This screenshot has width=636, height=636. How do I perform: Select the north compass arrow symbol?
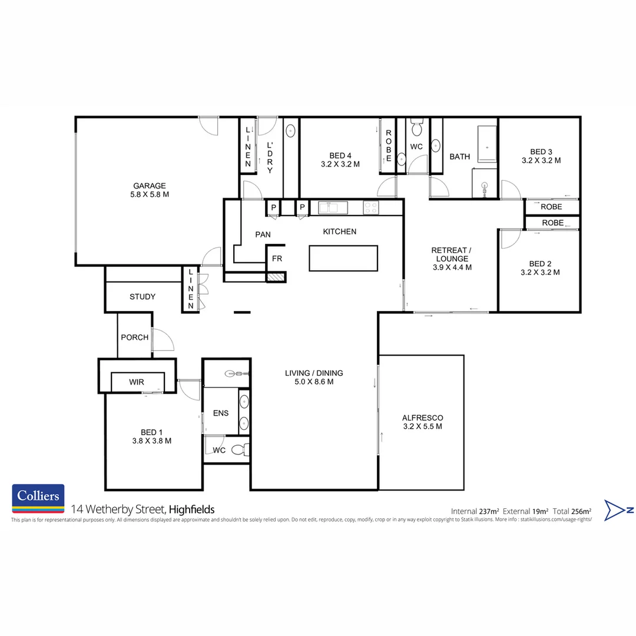[x=619, y=510]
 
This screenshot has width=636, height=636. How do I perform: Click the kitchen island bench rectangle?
[x=343, y=258]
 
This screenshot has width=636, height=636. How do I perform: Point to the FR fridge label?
[x=276, y=259]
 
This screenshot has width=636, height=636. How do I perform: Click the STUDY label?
[x=143, y=297]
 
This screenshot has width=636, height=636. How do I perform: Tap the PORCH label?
[x=134, y=337]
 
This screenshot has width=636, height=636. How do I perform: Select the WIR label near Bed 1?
[x=137, y=382]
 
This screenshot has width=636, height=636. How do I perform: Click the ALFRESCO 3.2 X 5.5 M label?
[x=422, y=422]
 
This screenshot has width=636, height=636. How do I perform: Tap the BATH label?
[x=460, y=157]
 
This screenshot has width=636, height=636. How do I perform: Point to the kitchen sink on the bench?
[x=333, y=207]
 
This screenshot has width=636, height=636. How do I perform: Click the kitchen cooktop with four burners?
[x=370, y=207]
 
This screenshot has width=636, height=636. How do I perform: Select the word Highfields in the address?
[x=193, y=509]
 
